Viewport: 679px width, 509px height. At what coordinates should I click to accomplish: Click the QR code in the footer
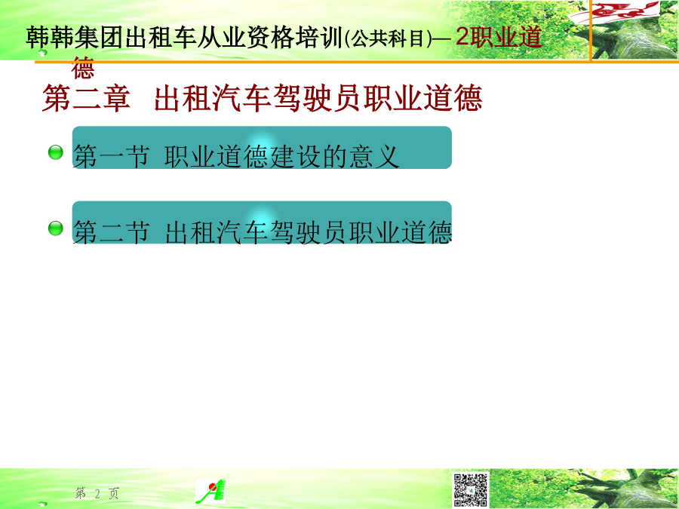470,489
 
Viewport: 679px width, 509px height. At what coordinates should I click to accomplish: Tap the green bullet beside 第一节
55,152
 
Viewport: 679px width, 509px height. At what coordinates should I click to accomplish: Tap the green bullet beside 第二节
55,228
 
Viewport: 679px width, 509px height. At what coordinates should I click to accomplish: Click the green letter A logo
211,491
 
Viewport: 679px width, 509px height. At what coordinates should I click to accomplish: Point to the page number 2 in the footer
97,493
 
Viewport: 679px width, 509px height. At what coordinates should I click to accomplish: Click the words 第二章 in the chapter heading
86,98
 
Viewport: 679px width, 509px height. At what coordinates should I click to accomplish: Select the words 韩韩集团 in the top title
75,38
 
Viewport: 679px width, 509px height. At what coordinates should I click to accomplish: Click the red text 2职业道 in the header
499,37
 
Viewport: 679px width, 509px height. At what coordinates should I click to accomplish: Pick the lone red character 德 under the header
83,68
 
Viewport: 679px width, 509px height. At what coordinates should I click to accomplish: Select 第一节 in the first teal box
112,156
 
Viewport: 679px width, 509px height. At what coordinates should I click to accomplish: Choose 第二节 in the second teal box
112,232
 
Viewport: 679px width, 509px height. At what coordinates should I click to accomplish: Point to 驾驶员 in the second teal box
309,232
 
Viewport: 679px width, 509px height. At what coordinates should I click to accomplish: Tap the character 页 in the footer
114,493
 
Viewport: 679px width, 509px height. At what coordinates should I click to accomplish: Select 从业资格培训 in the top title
270,38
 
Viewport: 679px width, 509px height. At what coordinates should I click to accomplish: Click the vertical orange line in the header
590,31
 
